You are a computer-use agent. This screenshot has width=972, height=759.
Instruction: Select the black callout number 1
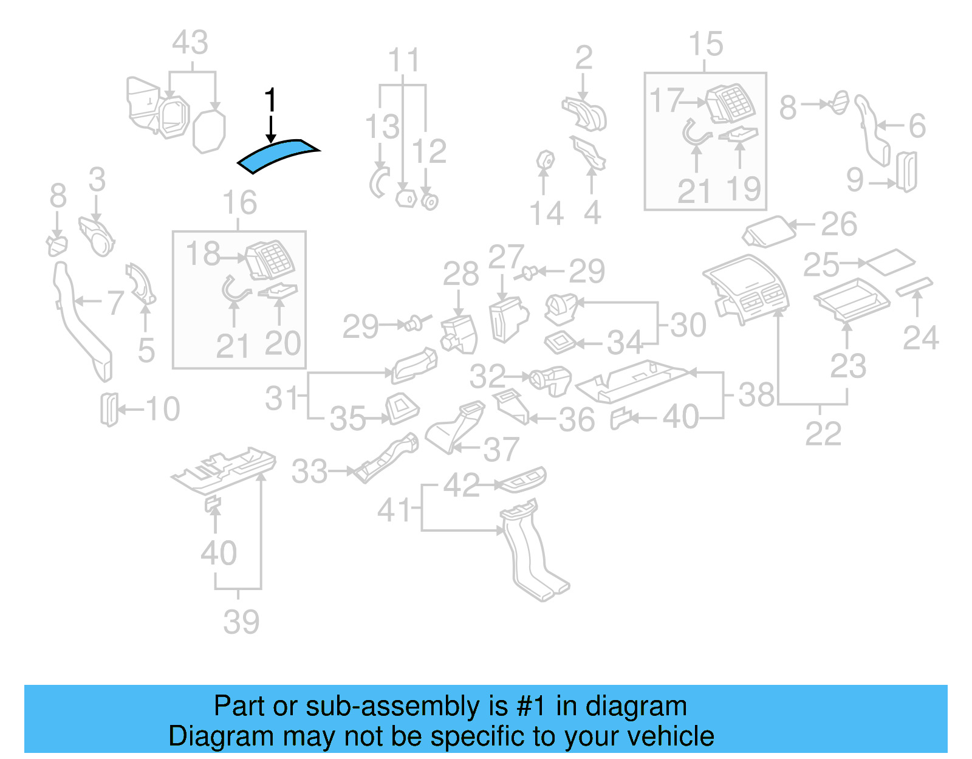[271, 100]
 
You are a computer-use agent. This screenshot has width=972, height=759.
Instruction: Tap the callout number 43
[190, 44]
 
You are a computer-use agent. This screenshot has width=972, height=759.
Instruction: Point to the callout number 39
[241, 622]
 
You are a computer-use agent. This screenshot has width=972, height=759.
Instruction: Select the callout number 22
[823, 434]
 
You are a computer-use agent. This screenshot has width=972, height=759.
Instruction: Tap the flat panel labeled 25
[891, 262]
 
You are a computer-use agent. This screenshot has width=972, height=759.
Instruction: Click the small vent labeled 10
[109, 410]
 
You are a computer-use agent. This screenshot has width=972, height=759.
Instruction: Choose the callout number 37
[501, 450]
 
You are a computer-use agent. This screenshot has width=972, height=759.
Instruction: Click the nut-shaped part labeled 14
[545, 161]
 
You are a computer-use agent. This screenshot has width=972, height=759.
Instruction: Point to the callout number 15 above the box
[705, 45]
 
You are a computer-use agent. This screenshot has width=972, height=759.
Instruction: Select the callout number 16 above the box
[239, 203]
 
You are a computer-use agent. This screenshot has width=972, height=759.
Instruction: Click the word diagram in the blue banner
[636, 706]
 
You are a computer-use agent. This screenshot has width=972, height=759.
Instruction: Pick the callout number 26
[839, 225]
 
